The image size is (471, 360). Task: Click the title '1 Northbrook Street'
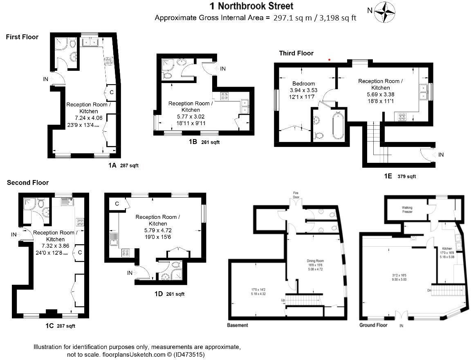(x=251, y=7)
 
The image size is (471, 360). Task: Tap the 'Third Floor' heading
(x=296, y=53)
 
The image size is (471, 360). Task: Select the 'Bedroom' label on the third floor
(x=303, y=84)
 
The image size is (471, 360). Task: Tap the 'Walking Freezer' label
(x=407, y=209)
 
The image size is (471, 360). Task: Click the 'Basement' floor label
(x=238, y=325)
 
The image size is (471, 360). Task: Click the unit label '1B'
(x=193, y=142)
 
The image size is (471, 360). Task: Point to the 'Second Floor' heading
(x=28, y=182)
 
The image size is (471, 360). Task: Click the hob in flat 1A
(x=109, y=61)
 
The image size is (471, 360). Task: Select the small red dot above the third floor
(x=329, y=59)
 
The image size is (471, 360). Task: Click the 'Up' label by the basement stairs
(x=282, y=300)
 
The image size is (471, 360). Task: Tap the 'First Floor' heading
(x=22, y=37)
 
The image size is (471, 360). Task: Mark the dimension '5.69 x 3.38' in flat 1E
(x=380, y=94)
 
